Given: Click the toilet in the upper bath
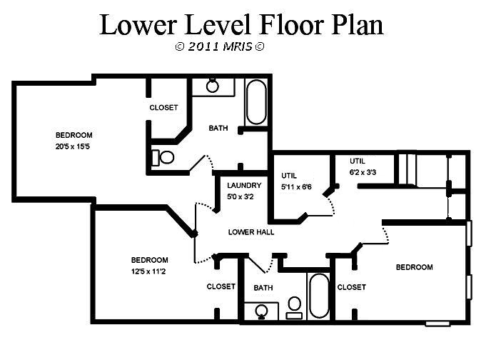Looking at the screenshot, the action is tap(163, 157).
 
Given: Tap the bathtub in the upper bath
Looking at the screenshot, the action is tap(256, 102).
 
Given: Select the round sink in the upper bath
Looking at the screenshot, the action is tap(213, 85).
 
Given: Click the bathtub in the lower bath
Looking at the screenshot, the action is tap(319, 296).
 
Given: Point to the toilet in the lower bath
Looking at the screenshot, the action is tap(294, 308).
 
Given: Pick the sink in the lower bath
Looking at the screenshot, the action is tap(262, 311).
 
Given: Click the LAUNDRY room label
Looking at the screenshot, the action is tap(244, 186).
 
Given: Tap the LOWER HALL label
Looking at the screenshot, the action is tap(251, 232).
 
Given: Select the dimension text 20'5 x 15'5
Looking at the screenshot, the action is tap(73, 146).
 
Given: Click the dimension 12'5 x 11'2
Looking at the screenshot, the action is tap(148, 271).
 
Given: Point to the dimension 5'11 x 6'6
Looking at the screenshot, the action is tap(296, 187).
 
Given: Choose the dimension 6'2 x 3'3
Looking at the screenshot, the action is tap(363, 172).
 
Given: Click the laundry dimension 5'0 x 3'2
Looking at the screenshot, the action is tap(241, 196).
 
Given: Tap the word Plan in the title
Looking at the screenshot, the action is tap(357, 24).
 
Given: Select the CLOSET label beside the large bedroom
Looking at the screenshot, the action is tap(163, 108).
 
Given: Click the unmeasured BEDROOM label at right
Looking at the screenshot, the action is tap(415, 267).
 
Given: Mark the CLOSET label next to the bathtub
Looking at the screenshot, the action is tap(352, 287).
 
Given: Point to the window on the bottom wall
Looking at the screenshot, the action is tap(437, 324).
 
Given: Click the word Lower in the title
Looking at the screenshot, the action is tap(138, 24).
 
